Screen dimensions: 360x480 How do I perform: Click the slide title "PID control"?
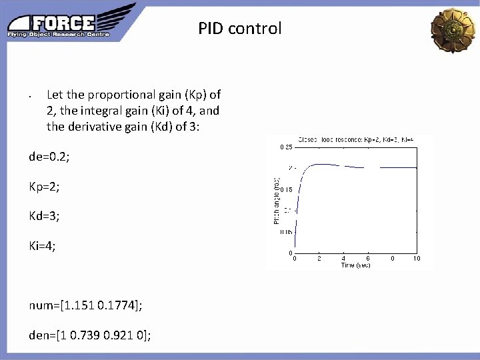coord(239,29)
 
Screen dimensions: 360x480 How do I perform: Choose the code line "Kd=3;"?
coord(45,216)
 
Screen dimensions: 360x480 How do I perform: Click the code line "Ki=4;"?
coord(43,246)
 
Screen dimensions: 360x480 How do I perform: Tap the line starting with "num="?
coord(85,305)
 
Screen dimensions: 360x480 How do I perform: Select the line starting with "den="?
coord(90,335)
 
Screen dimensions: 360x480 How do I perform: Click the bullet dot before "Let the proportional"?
coord(31,95)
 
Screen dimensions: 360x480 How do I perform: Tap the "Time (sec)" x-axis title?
coord(355,265)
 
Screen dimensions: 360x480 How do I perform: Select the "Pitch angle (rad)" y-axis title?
coord(277,199)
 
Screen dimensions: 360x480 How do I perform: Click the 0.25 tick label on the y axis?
coord(285,147)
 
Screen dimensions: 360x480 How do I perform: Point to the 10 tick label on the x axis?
coord(417,259)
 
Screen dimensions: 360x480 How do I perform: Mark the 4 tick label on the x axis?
coord(343,259)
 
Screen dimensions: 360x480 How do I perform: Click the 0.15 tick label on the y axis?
coord(285,189)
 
